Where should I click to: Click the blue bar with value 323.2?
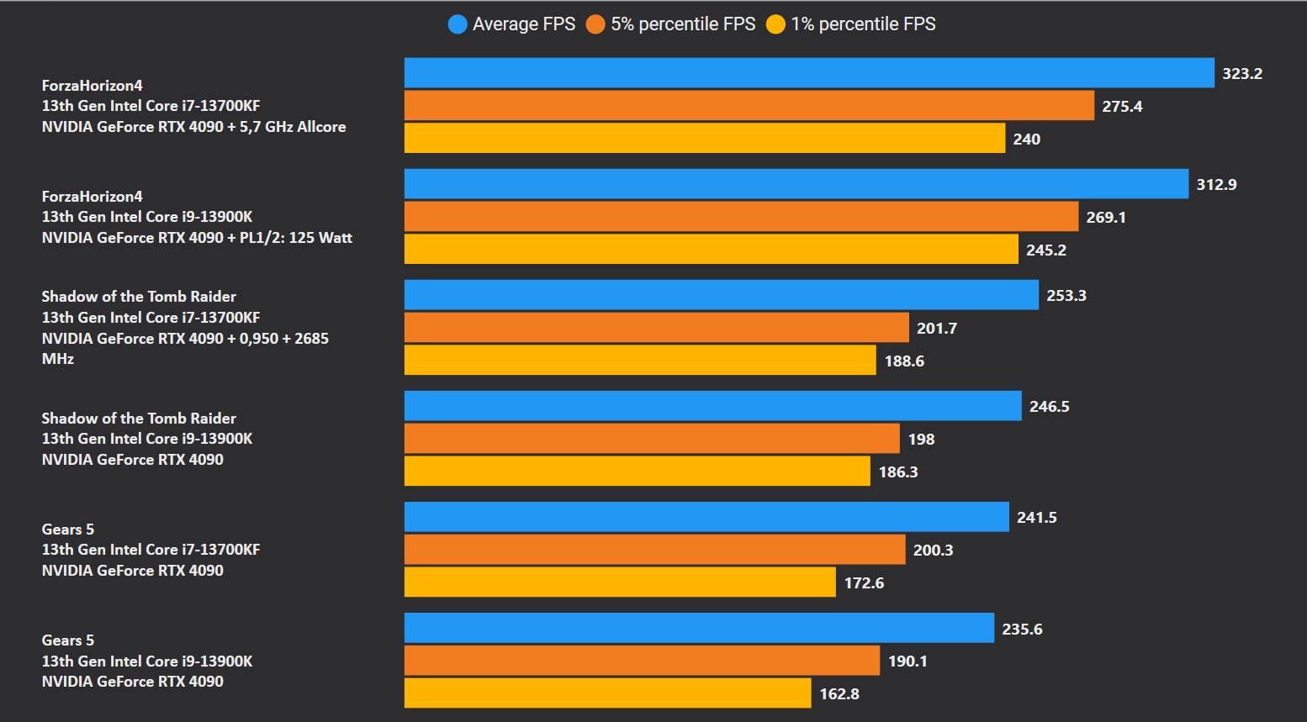(809, 73)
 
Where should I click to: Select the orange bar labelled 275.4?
(749, 106)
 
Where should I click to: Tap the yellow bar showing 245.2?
(711, 250)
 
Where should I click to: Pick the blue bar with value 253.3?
(721, 295)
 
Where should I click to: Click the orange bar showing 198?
(652, 439)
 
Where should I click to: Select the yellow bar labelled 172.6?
(620, 582)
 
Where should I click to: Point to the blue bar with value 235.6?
(699, 628)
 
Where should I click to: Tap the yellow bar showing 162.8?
(607, 693)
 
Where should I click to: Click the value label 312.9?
(1216, 185)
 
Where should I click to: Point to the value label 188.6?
(904, 361)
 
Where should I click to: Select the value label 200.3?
(933, 551)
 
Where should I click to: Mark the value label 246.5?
(1049, 407)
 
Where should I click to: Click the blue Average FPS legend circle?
(458, 24)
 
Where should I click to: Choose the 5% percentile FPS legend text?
(683, 24)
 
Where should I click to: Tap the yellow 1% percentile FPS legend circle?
(775, 24)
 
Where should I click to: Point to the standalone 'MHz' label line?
(58, 359)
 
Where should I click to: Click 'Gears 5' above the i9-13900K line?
(68, 640)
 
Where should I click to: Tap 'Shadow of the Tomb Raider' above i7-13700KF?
(139, 297)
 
